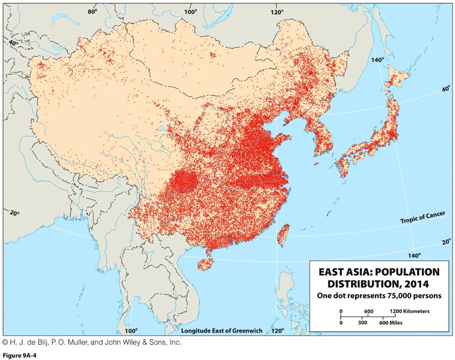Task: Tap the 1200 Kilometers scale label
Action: (410, 311)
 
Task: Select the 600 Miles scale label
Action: (391, 323)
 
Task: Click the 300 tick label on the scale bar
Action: (363, 323)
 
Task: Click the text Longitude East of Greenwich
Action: (222, 331)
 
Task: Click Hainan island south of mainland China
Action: (205, 264)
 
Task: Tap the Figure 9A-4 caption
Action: (19, 355)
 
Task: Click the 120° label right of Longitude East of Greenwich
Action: (277, 331)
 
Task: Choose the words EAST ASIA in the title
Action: (344, 272)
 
